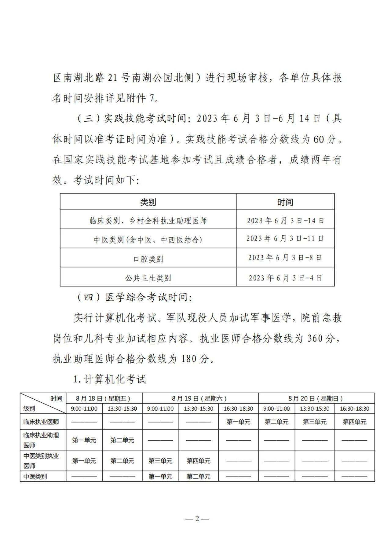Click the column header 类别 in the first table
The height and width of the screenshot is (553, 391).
tap(148, 202)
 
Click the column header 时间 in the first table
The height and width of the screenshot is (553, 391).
tap(285, 202)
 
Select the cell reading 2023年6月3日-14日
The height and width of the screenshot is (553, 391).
tap(285, 220)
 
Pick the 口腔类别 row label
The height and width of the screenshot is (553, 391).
tap(148, 259)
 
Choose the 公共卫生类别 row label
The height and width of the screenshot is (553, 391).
tap(148, 278)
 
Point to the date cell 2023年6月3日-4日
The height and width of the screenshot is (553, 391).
tap(285, 278)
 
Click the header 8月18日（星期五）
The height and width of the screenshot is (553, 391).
tap(104, 398)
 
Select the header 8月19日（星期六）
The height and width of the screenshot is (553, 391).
tap(200, 398)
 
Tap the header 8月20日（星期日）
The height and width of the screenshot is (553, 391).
tap(316, 398)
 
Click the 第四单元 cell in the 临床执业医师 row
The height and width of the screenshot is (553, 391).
tap(354, 422)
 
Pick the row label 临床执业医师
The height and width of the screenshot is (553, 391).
tap(41, 422)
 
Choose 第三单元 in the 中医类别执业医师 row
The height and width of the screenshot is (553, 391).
tap(160, 461)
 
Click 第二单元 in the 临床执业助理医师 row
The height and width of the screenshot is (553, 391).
tap(122, 440)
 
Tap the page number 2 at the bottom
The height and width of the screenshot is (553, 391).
tap(197, 518)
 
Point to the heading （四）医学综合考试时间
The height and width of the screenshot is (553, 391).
tap(134, 297)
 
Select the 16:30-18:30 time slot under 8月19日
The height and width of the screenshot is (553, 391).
tap(238, 408)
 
